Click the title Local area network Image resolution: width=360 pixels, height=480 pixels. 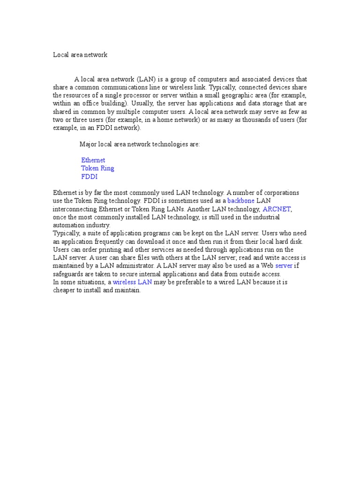coord(80,55)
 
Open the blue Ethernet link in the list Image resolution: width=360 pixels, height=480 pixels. coord(93,160)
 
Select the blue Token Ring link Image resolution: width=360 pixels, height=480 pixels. coord(97,168)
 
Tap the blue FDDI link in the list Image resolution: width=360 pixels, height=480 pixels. coord(89,177)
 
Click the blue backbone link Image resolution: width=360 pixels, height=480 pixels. coord(240,201)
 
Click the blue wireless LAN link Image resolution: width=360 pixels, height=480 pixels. coord(132,282)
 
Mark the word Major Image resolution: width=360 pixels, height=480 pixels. coord(88,144)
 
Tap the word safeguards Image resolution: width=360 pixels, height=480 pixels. coord(68,274)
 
